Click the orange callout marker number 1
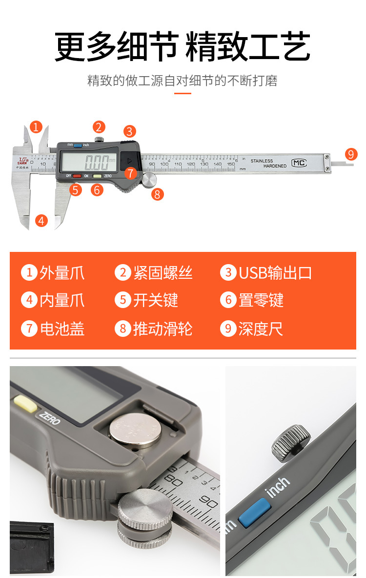pos(36,127)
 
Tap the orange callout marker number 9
pos(351,154)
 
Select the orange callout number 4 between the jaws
pos(42,221)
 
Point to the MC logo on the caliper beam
pos(299,163)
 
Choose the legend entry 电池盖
pos(61,329)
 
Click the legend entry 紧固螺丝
pos(163,272)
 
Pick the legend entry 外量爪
pos(61,272)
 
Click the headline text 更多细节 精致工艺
pos(183,46)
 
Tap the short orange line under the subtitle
pos(183,93)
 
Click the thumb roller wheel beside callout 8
pos(150,179)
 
